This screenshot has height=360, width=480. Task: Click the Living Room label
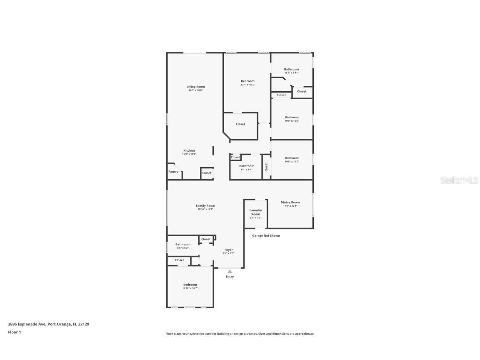click(195, 87)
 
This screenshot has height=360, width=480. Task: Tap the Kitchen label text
click(189, 150)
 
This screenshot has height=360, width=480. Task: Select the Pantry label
click(173, 172)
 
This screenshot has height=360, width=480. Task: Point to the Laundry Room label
click(255, 212)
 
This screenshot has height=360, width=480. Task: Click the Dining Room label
click(290, 202)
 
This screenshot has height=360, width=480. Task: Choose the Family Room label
click(205, 206)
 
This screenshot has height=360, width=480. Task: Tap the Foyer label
click(229, 250)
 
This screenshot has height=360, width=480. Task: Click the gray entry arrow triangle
click(230, 271)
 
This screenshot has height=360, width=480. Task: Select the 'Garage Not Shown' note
click(266, 235)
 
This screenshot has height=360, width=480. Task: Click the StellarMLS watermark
click(460, 180)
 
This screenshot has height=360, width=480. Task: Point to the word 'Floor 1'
click(14, 332)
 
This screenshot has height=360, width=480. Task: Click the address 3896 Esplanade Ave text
click(49, 324)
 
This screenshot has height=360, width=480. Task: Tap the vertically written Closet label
click(266, 167)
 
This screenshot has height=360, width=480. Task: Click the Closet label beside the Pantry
click(207, 173)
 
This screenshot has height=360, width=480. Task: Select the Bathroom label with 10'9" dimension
click(292, 69)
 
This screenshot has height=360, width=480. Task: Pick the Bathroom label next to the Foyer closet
click(182, 245)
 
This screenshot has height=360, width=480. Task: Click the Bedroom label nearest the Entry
click(190, 285)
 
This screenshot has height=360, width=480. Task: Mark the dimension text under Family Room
click(205, 209)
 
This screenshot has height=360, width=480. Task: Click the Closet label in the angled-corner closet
click(240, 124)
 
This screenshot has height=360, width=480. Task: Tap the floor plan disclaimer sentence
click(240, 334)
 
